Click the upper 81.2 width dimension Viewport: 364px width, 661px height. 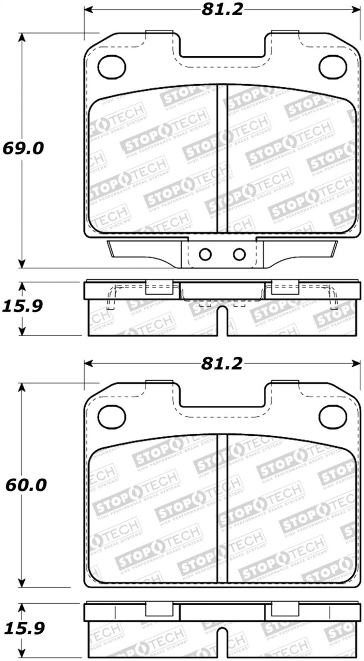(x=222, y=9)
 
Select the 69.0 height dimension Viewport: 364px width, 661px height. (x=23, y=148)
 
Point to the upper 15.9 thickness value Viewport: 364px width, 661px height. (x=23, y=306)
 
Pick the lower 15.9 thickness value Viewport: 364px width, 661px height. (x=23, y=628)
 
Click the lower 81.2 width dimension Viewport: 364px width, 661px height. (x=222, y=364)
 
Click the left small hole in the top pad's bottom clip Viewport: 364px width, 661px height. (x=205, y=254)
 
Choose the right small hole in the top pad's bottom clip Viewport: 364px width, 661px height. (x=239, y=254)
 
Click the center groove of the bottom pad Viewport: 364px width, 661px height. (x=221, y=509)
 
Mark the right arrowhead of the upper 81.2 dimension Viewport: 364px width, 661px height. (x=356, y=9)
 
